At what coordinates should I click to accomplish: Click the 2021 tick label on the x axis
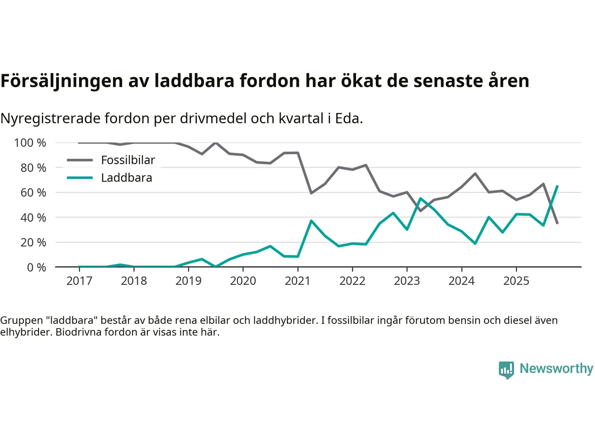[x=297, y=281]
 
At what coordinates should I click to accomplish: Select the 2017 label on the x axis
[x=79, y=281]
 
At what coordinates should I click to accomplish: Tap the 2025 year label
[x=516, y=281]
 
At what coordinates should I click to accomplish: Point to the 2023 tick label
[x=407, y=281]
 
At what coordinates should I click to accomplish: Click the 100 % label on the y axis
[x=30, y=143]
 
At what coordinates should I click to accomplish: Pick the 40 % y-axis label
[x=33, y=217]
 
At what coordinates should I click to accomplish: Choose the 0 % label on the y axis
[x=36, y=267]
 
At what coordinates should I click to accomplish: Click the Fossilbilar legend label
[x=128, y=160]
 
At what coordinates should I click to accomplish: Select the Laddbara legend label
[x=126, y=178]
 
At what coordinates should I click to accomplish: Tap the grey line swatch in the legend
[x=80, y=160]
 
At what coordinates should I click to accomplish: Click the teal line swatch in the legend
[x=80, y=178]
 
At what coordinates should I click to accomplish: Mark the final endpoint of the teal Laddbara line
[x=557, y=186]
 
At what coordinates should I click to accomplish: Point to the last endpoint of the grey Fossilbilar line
[x=557, y=223]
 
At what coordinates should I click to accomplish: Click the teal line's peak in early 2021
[x=311, y=221]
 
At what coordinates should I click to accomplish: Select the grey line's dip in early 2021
[x=311, y=193]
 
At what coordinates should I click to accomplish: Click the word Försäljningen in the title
[x=62, y=81]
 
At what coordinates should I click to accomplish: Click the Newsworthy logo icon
[x=506, y=370]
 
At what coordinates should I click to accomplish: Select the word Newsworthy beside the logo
[x=556, y=368]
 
